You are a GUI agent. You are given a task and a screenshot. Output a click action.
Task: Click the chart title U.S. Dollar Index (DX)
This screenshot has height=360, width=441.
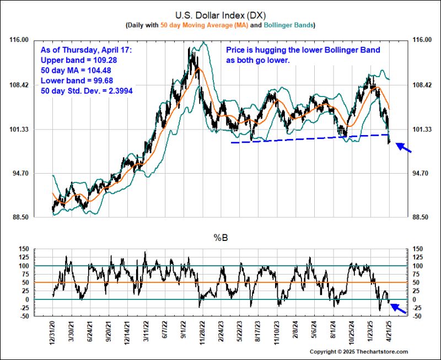(220, 15)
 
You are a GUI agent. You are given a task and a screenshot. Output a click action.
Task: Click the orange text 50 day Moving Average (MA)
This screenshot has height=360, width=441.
(203, 25)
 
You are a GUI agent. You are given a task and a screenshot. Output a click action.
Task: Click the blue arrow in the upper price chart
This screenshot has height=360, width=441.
(403, 148)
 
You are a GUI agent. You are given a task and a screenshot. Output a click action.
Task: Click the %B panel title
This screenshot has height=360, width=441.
(220, 238)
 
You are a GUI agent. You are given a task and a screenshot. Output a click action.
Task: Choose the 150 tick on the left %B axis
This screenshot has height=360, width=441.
(24, 249)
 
